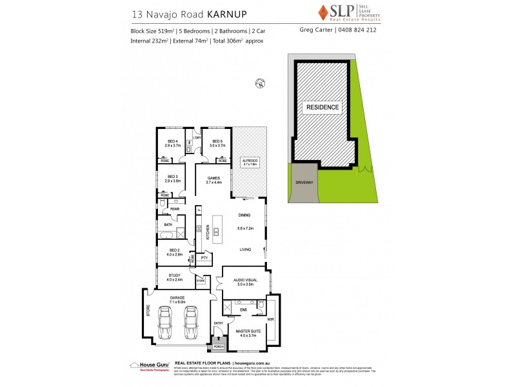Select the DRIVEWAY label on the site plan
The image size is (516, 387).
click(x=303, y=183)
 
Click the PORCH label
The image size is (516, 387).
click(x=218, y=346)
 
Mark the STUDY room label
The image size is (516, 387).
click(x=174, y=276)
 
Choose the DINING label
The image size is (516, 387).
click(x=244, y=215)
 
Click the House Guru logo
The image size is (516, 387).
click(x=150, y=365)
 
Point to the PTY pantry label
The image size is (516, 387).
click(x=204, y=259)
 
